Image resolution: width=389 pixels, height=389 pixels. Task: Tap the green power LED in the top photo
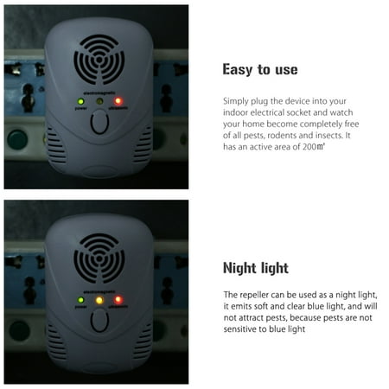(x=81, y=101)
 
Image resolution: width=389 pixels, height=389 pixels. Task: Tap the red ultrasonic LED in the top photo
(x=118, y=101)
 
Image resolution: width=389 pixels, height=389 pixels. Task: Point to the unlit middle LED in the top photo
(x=99, y=101)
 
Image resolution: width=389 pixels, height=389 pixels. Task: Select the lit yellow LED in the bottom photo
(x=99, y=300)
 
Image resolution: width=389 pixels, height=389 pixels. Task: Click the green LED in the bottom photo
(x=80, y=300)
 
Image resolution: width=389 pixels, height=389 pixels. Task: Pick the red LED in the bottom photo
(x=118, y=300)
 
